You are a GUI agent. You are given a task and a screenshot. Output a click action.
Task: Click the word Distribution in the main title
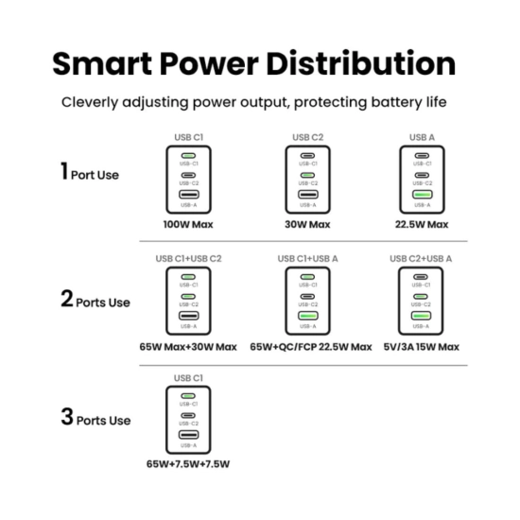361,63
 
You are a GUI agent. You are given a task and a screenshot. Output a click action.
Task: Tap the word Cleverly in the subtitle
90,102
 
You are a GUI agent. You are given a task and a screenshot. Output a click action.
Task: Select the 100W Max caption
188,224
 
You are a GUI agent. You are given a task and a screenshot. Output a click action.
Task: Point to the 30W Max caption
307,224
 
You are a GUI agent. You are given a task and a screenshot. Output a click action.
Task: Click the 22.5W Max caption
422,224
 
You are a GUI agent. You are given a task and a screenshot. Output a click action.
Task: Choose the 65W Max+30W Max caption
188,347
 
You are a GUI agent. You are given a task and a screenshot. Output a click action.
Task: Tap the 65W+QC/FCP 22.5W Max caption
311,347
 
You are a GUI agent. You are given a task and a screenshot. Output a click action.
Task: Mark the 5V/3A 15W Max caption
421,347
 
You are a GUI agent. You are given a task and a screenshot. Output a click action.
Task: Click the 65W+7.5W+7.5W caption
188,464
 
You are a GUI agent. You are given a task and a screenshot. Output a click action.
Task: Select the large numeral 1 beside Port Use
64,171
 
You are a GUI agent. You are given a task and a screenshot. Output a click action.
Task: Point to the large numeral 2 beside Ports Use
67,298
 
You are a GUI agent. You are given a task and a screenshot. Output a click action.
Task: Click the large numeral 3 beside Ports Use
67,416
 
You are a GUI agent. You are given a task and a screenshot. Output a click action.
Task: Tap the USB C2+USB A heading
421,259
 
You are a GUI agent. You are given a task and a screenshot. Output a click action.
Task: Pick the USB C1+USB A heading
308,259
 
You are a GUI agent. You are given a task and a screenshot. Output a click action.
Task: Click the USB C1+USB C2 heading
188,259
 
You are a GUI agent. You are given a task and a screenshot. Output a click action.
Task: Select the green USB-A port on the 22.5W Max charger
423,195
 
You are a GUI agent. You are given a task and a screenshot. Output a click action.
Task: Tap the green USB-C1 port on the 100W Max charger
189,156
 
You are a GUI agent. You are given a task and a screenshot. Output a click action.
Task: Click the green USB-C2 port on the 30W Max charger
308,175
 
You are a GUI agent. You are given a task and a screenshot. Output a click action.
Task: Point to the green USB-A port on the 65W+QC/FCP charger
308,316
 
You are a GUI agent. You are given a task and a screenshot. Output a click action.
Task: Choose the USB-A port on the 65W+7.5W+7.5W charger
189,435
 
